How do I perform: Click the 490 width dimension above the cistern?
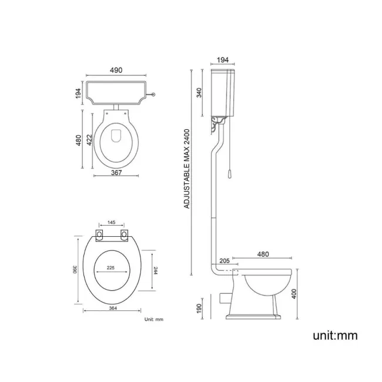click(x=115, y=71)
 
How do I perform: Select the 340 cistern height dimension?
click(x=200, y=92)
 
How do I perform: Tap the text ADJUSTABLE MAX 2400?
click(x=187, y=170)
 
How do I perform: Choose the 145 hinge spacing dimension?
click(x=112, y=223)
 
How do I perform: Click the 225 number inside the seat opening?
click(x=111, y=267)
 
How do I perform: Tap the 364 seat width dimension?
click(x=112, y=314)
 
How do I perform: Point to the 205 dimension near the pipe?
click(x=224, y=261)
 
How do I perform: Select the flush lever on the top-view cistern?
click(x=153, y=94)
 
